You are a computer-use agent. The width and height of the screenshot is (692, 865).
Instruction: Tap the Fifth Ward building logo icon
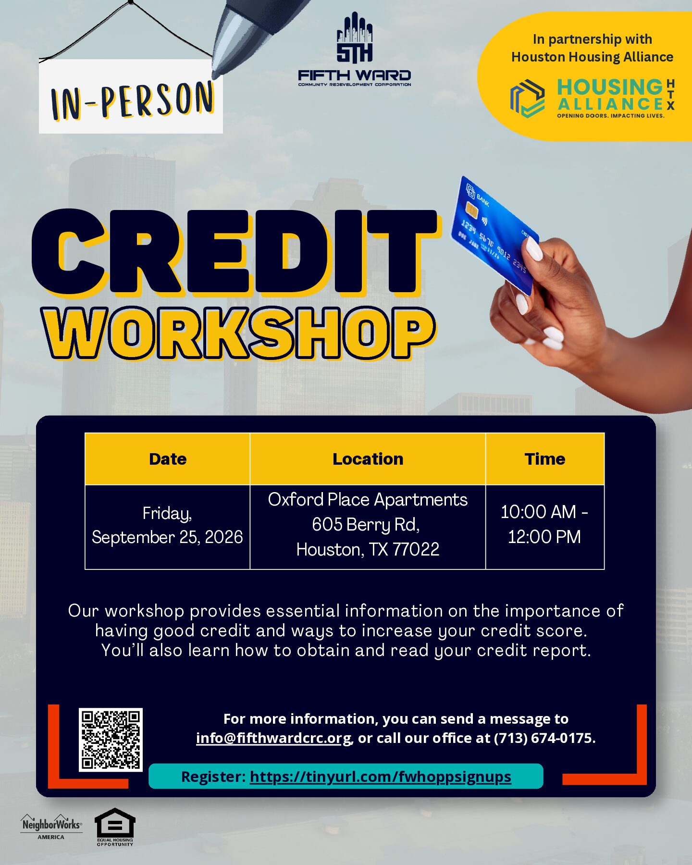pyautogui.click(x=355, y=38)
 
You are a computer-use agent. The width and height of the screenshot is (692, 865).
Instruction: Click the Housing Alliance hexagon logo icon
pyautogui.click(x=527, y=99)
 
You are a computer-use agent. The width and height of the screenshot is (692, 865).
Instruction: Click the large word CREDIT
pyautogui.click(x=235, y=253)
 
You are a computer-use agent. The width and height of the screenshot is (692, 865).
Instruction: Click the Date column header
pyautogui.click(x=168, y=459)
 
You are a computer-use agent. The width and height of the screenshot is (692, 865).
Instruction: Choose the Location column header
pyautogui.click(x=368, y=459)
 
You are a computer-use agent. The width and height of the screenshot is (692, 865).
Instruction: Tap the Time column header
pyautogui.click(x=545, y=459)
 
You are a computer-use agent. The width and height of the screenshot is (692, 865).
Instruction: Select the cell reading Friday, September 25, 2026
pyautogui.click(x=168, y=527)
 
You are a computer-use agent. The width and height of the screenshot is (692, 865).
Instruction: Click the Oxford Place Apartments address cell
pyautogui.click(x=368, y=527)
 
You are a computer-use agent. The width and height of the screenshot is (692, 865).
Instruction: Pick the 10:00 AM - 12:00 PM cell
pyautogui.click(x=545, y=527)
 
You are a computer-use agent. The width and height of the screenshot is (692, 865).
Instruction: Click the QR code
pyautogui.click(x=111, y=740)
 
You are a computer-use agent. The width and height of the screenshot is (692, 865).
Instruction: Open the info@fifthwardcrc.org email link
pyautogui.click(x=274, y=738)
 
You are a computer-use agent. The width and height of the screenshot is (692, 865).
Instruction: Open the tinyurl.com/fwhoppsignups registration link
pyautogui.click(x=381, y=777)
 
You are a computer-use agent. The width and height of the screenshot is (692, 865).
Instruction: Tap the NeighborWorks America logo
pyautogui.click(x=51, y=827)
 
